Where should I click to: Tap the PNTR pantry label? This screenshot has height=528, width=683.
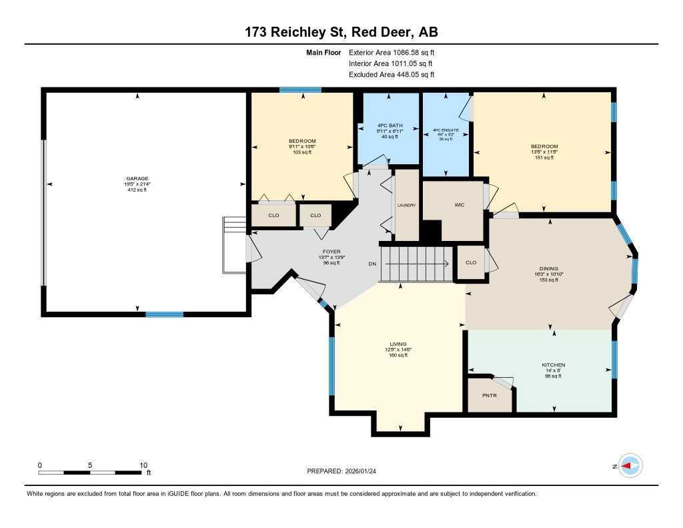490,396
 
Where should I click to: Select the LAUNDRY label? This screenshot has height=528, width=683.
406,205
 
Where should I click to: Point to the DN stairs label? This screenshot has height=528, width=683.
372,264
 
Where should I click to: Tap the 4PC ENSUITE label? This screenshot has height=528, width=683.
447,130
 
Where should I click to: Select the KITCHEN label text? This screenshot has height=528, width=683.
553,364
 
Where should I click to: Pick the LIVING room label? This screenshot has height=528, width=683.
398,344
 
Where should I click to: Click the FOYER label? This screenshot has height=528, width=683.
331,252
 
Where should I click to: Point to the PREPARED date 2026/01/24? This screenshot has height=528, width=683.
365,471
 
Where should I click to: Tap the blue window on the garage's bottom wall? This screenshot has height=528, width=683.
165,314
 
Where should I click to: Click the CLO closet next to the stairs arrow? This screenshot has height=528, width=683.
471,262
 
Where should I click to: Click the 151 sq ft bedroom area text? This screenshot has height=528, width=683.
544,158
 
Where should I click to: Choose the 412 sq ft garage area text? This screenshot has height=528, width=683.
137,190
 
